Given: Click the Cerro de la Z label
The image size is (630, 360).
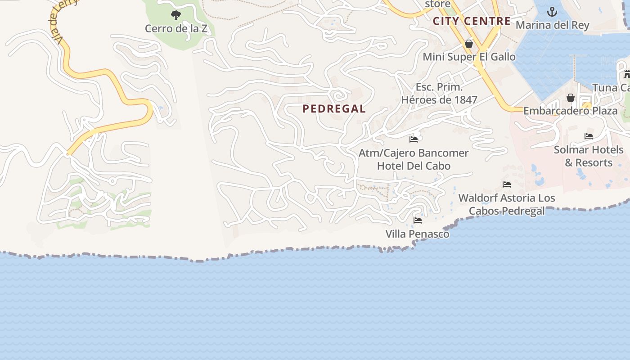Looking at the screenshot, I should pos(176,29).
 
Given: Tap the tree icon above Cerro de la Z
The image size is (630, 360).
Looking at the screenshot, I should pos(176,15).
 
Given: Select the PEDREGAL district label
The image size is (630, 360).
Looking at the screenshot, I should pos(334,109).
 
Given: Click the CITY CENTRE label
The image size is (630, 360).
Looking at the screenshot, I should pos(472,21).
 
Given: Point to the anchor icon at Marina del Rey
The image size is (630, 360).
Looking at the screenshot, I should pos(552,12).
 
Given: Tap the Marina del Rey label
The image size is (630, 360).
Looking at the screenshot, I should pos(552,25).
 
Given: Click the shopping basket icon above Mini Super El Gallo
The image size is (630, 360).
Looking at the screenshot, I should pos(469,44).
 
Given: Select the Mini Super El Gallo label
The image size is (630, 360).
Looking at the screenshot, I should pos(469,57).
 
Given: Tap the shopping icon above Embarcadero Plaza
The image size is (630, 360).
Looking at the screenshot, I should pos(571,98).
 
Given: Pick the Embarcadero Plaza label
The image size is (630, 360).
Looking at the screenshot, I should pos(571,111).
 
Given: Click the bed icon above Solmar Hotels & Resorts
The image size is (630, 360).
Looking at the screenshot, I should pos(589,136).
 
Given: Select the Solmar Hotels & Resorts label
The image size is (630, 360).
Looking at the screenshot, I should pos(589,156).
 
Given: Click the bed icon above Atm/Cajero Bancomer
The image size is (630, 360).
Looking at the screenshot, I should pos(414,139).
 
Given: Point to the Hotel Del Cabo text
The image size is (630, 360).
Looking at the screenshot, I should pos(414,166).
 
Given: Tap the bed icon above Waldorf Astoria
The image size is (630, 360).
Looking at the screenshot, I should pos(507,184).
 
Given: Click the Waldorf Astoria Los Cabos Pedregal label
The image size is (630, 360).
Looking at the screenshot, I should pos(507,204).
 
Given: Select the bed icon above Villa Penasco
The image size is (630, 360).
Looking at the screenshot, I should pos(418,220).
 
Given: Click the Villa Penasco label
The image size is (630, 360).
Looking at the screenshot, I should pos(418,234).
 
